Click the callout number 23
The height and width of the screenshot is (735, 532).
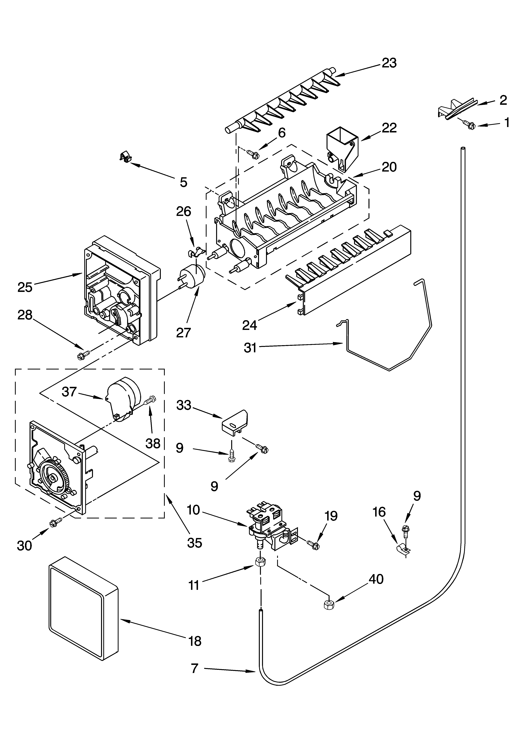[389, 63]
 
